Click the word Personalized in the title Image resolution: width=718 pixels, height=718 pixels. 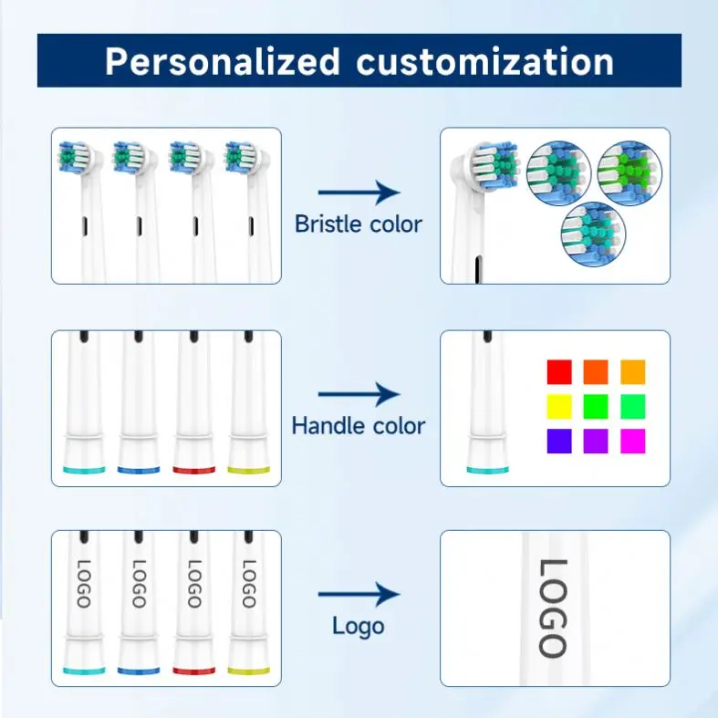(223, 61)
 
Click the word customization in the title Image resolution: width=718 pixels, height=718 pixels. (484, 61)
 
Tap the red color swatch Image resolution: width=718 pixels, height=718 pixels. (558, 372)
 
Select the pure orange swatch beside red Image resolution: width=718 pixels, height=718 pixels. (596, 372)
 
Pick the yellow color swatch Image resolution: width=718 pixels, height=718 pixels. (558, 406)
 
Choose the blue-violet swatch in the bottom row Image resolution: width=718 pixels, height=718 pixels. (558, 441)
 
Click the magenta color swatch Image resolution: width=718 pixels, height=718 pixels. (632, 441)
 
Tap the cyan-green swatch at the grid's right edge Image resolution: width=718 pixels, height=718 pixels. (632, 406)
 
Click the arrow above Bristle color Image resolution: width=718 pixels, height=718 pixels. (359, 193)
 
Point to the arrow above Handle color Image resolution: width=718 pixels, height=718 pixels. (359, 395)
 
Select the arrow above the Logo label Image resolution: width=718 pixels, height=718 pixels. (359, 595)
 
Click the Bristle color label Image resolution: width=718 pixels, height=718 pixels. (359, 224)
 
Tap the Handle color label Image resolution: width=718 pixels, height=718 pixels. (359, 425)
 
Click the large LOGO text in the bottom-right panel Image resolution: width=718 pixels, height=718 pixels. (553, 608)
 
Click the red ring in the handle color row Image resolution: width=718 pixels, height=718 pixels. (194, 470)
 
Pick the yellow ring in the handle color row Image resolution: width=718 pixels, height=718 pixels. (249, 470)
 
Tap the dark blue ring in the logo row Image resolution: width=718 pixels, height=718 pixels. (139, 671)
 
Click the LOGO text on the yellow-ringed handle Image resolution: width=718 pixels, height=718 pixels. (248, 584)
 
